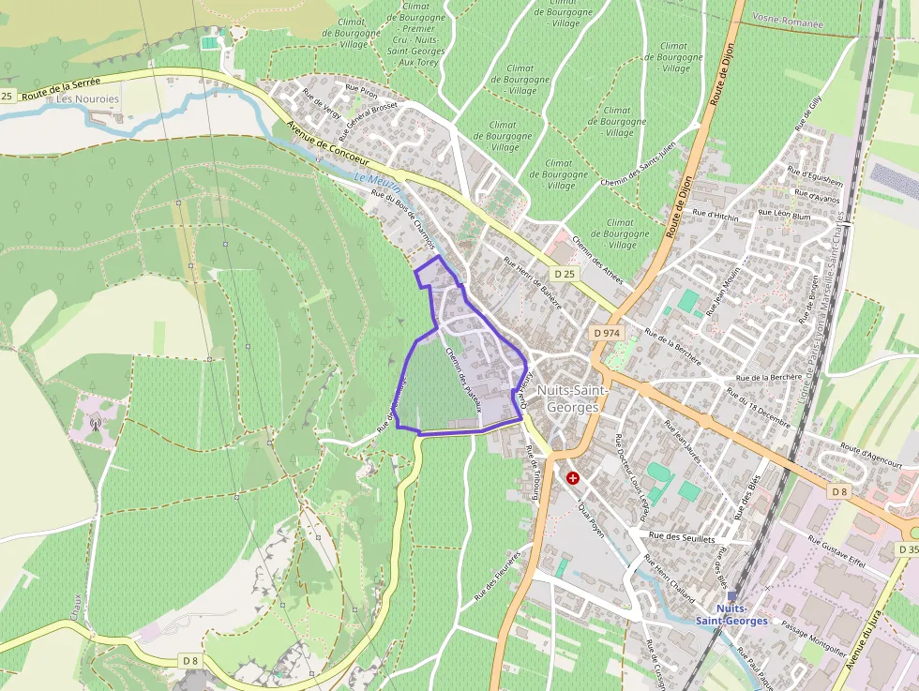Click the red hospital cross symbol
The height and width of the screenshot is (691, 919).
572,477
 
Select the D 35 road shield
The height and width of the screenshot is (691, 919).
908,549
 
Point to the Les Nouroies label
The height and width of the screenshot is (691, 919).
88,98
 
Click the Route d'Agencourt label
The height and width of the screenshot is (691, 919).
871,456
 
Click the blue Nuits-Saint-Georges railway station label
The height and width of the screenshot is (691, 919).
731,614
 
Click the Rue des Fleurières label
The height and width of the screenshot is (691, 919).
497,577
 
